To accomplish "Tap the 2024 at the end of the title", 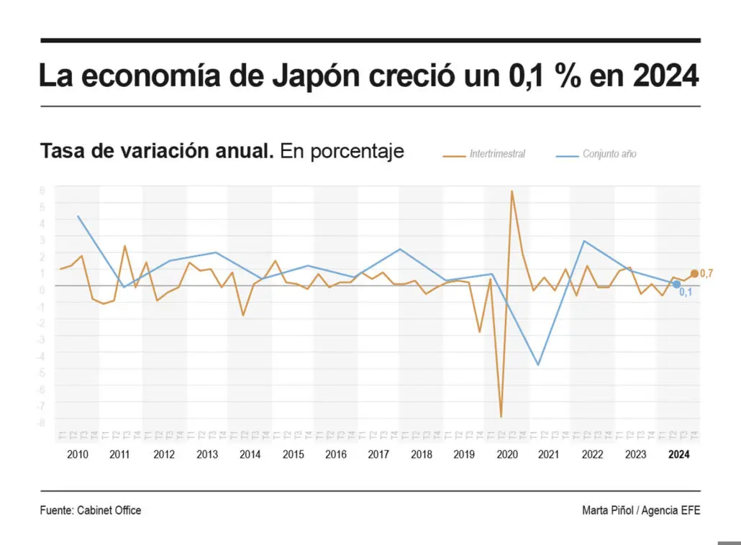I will pyautogui.click(x=665, y=75).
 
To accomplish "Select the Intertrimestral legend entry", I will pyautogui.click(x=497, y=154).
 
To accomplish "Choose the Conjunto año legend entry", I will pyautogui.click(x=609, y=154).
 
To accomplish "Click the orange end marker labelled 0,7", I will pyautogui.click(x=694, y=273).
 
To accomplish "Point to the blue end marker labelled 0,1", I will pyautogui.click(x=676, y=284).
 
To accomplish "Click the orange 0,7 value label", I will pyautogui.click(x=706, y=274).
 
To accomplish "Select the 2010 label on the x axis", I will pyautogui.click(x=78, y=454).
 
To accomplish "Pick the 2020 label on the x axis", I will pyautogui.click(x=507, y=454).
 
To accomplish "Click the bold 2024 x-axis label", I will pyautogui.click(x=678, y=454).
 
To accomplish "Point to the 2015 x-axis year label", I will pyautogui.click(x=293, y=454).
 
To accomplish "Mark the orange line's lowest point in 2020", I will pyautogui.click(x=501, y=416).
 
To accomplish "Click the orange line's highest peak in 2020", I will pyautogui.click(x=512, y=191).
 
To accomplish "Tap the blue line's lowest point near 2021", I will pyautogui.click(x=537, y=365).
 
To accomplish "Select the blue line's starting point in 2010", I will pyautogui.click(x=78, y=216).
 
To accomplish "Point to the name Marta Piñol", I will pyautogui.click(x=608, y=510).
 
